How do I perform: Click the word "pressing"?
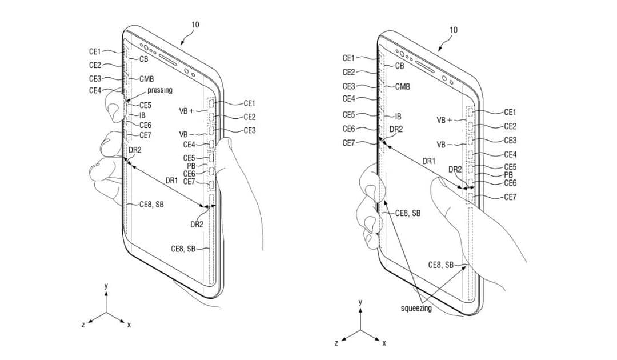pyautogui.click(x=160, y=90)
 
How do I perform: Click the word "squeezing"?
pyautogui.click(x=416, y=308)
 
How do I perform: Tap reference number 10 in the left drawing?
pyautogui.click(x=195, y=25)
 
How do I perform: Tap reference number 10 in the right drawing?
pyautogui.click(x=453, y=30)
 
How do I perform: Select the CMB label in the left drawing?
pyautogui.click(x=146, y=79)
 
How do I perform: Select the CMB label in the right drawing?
pyautogui.click(x=403, y=86)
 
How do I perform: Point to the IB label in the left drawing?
pyautogui.click(x=142, y=115)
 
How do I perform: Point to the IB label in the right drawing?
pyautogui.click(x=398, y=117)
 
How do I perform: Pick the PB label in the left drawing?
pyautogui.click(x=191, y=166)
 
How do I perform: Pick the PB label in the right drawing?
pyautogui.click(x=508, y=175)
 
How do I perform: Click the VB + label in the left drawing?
pyautogui.click(x=186, y=111)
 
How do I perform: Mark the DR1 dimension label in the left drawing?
pyautogui.click(x=171, y=181)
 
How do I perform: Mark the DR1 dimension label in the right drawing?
pyautogui.click(x=428, y=161)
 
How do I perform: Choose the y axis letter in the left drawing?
pyautogui.click(x=106, y=286)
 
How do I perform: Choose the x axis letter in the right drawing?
pyautogui.click(x=384, y=343)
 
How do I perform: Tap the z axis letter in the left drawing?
pyautogui.click(x=83, y=325)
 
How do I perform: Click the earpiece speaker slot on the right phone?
pyautogui.click(x=426, y=66)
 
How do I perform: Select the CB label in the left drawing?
pyautogui.click(x=143, y=59)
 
